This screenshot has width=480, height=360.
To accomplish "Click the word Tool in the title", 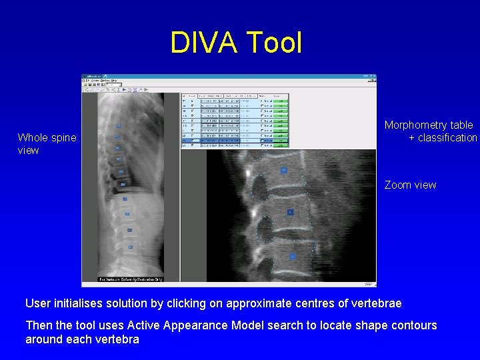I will coord(274,43).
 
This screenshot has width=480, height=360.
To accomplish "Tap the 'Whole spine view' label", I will coord(47,144).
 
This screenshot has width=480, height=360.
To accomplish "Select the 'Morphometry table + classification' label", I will coord(430,131).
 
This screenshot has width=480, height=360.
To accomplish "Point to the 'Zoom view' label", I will coord(410,185).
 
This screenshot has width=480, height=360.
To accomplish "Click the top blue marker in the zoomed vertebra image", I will coord(283,171).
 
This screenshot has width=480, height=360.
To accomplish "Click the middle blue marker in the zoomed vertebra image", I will coord(290,212).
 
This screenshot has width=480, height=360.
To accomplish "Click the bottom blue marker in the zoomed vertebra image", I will coord(291,256).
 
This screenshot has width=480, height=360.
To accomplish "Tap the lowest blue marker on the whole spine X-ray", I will coord(131,247).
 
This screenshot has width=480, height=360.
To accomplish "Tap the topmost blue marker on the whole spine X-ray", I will coord(119,126).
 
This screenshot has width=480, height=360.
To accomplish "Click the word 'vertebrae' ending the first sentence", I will coord(377,303).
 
